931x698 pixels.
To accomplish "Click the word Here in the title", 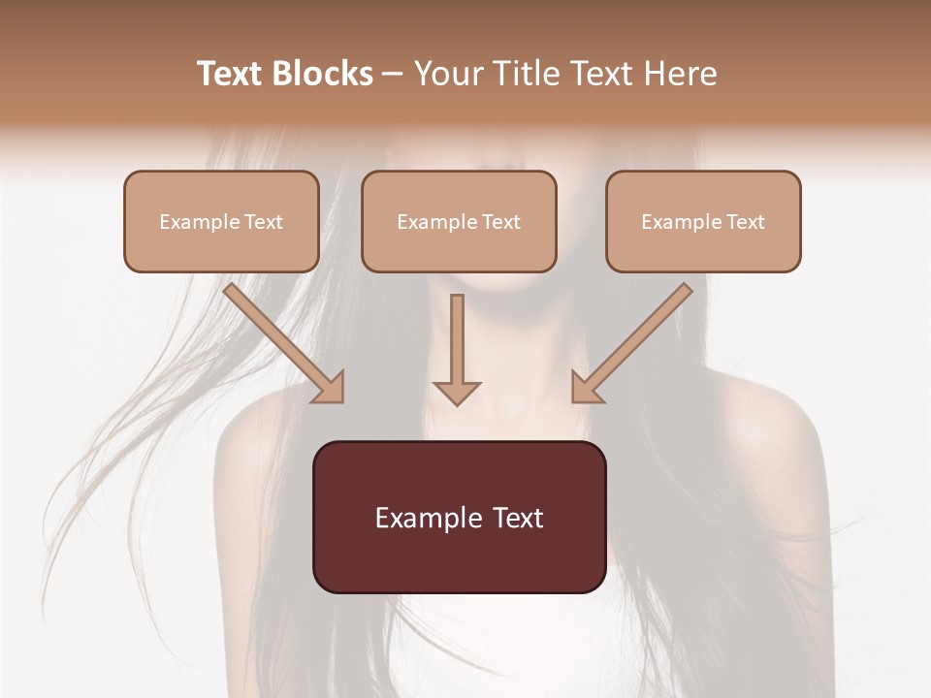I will pos(681,74).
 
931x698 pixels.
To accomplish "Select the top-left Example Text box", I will pos(221,221).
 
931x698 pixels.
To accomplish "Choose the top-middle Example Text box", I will pos(459,221).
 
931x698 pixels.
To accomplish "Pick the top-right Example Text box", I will pos(703,221).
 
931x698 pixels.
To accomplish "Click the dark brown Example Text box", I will pos(459,517).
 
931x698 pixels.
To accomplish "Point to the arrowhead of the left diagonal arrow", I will pos(330,389).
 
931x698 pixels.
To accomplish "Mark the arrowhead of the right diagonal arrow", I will pos(586,389).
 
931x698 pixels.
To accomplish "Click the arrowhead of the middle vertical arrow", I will pos(457,392).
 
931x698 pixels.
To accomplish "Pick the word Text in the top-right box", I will pos(746,222).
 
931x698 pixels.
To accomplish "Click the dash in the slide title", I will pos(393,75).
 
